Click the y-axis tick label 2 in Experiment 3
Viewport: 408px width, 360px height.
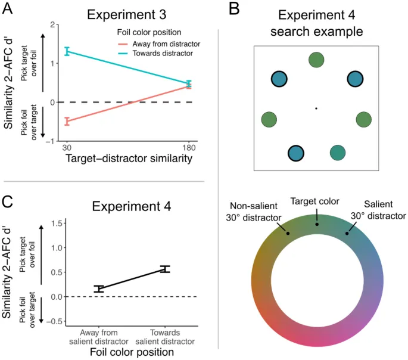click(x=53, y=24)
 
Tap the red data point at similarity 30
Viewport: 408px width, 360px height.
click(x=67, y=121)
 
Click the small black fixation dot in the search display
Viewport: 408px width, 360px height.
click(x=316, y=108)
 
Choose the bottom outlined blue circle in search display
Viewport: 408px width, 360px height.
click(x=295, y=153)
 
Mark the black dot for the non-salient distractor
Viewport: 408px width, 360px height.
click(x=288, y=233)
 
